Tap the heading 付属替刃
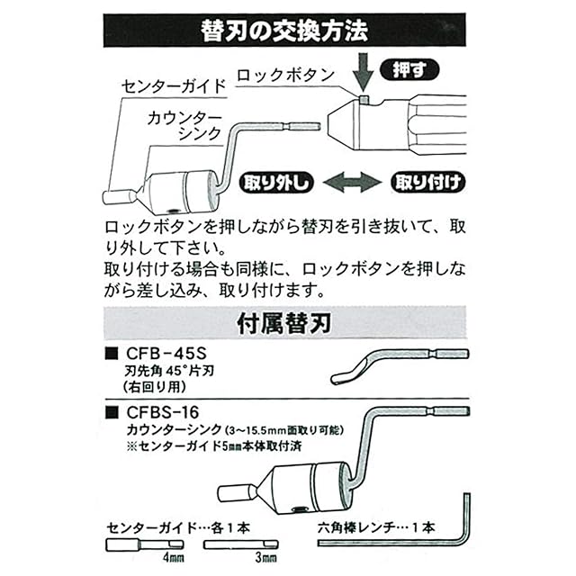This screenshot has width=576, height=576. click(288, 320)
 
